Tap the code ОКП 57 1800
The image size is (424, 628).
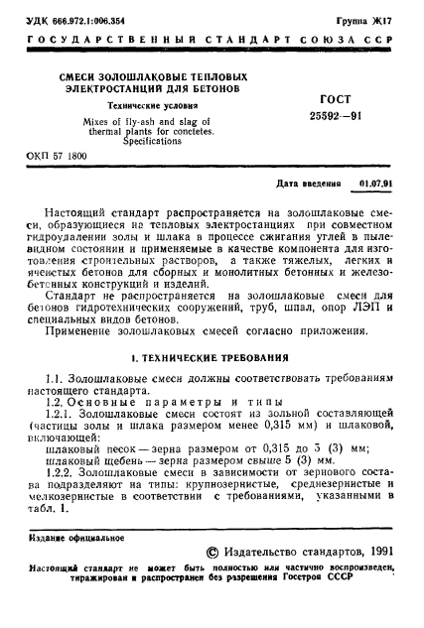[57, 157]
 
